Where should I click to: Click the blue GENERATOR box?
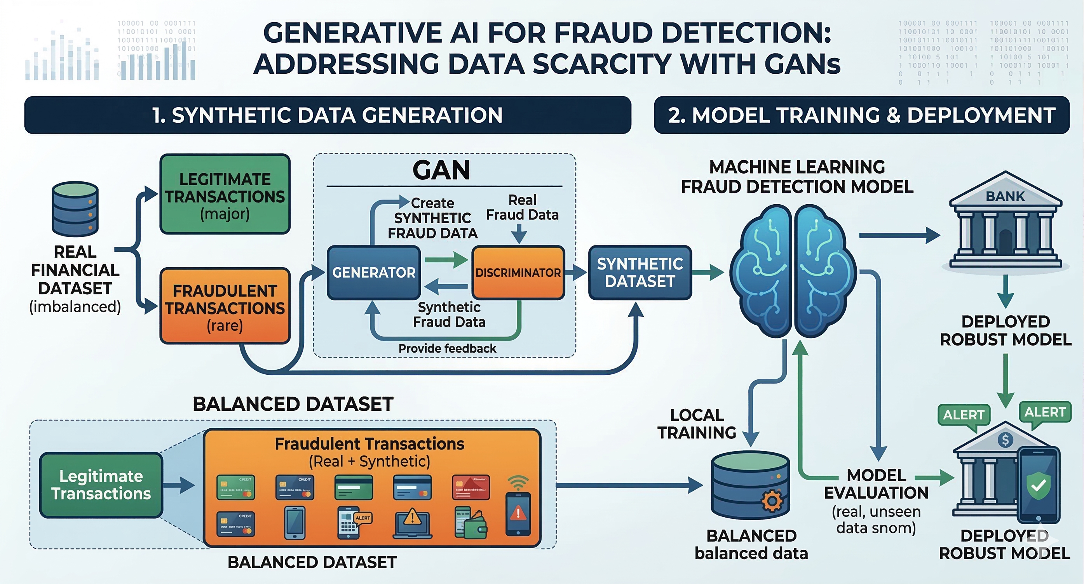pyautogui.click(x=374, y=273)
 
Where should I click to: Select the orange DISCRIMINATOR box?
pyautogui.click(x=518, y=273)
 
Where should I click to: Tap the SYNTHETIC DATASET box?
pyautogui.click(x=640, y=273)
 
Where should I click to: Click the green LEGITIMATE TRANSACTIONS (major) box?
pyautogui.click(x=225, y=194)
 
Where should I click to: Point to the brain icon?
pyautogui.click(x=793, y=271)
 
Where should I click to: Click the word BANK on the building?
pyautogui.click(x=1005, y=196)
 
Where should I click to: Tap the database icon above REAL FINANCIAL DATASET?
pyautogui.click(x=75, y=209)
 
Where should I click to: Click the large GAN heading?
pyautogui.click(x=441, y=170)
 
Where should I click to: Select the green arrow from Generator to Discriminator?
pyautogui.click(x=446, y=259)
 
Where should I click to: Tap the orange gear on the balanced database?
pyautogui.click(x=772, y=501)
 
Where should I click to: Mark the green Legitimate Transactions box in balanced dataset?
pyautogui.click(x=101, y=485)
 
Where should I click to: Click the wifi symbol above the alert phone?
pyautogui.click(x=518, y=482)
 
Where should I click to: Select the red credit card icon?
pyautogui.click(x=471, y=487)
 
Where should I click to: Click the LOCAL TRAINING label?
pyautogui.click(x=697, y=424)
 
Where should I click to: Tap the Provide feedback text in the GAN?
pyautogui.click(x=447, y=349)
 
